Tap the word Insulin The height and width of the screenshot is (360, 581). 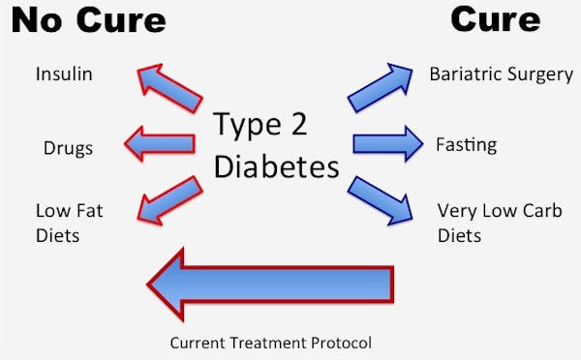(x=65, y=75)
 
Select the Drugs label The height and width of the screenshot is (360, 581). (x=68, y=148)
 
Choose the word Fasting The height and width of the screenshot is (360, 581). (x=466, y=145)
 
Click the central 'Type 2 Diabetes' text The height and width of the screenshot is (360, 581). (x=276, y=145)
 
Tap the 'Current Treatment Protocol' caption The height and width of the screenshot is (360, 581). (x=270, y=342)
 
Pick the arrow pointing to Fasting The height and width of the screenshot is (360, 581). (x=387, y=144)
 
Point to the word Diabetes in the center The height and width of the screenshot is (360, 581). (x=276, y=166)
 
